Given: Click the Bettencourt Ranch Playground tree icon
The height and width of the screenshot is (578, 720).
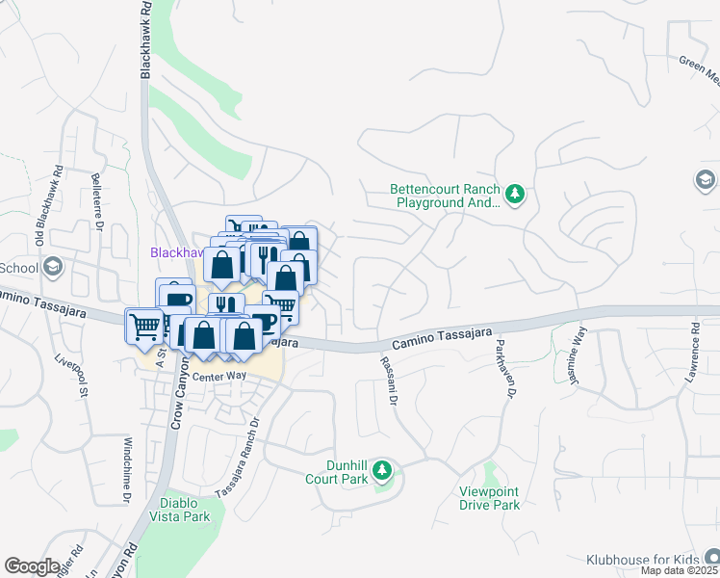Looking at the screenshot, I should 515,195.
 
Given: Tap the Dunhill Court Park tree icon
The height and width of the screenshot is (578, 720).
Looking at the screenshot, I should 383,470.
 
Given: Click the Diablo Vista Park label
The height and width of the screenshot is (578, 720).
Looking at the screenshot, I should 181,510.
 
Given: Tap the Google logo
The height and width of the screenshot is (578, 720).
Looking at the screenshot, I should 32,566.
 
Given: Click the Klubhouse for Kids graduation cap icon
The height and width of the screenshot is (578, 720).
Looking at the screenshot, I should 710,557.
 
